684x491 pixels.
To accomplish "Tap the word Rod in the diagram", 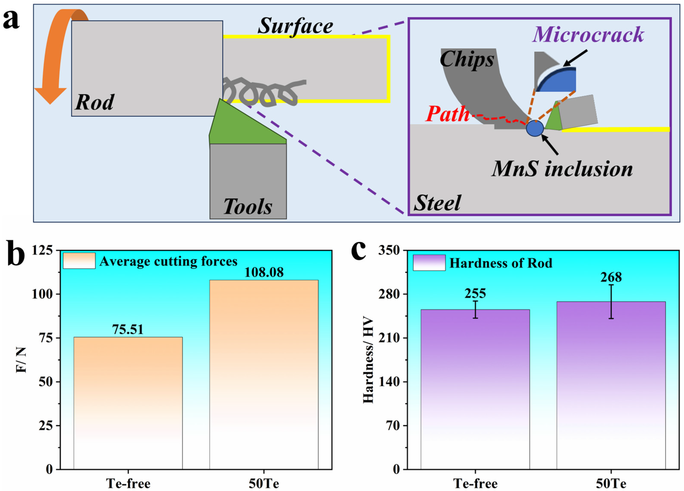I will tap(94, 102).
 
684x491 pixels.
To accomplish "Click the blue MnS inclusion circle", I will tap(535, 128).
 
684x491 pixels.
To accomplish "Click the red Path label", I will tap(447, 114).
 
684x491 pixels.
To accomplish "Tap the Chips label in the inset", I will tap(467, 59).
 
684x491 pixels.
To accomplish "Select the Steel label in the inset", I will tap(437, 203).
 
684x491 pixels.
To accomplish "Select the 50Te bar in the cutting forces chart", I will tap(264, 374).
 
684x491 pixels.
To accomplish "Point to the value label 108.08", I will tap(264, 272).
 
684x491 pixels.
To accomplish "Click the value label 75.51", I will tap(128, 329).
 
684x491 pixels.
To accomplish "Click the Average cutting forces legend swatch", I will tap(79, 261).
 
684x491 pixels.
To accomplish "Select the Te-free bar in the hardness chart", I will tap(475, 389).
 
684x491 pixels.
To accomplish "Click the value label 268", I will tap(611, 277).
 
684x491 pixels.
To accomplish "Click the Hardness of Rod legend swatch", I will tap(429, 263).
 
